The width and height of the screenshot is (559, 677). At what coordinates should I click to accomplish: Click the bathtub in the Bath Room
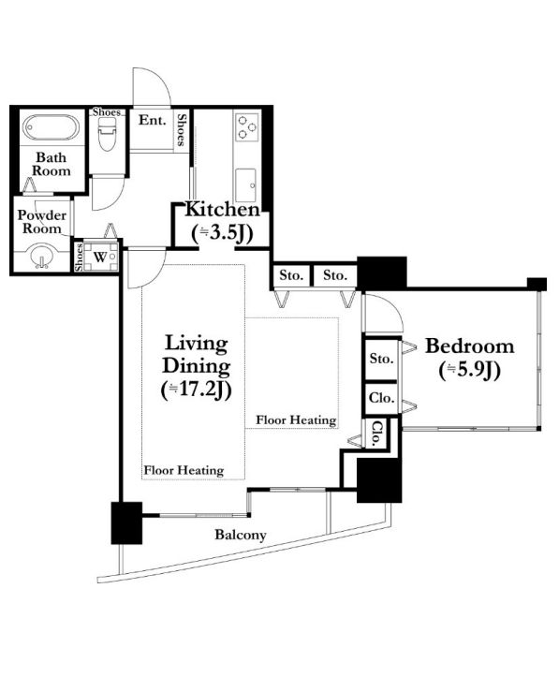coord(51,127)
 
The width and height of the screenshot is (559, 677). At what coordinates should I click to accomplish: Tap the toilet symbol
coord(106,134)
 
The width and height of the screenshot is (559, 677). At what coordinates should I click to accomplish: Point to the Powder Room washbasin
coord(41,258)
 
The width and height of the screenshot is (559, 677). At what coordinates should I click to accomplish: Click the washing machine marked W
coord(100,258)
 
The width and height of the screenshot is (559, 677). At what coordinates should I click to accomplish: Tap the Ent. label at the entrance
coord(153,120)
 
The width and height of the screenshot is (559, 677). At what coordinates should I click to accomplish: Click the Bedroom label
coord(470,346)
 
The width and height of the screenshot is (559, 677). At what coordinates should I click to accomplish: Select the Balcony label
coord(241,535)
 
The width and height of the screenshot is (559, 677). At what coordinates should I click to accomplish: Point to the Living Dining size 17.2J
coord(196,390)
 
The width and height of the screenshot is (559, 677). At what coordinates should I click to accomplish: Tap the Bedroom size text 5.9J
coord(470,371)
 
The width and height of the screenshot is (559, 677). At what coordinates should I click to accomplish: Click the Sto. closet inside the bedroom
coord(381,359)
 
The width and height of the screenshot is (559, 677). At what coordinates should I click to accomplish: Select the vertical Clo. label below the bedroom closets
coord(377,434)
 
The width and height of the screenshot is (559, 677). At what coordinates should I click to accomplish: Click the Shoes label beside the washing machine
coord(79,257)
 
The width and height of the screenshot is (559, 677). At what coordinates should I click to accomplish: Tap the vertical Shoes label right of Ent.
coord(182,130)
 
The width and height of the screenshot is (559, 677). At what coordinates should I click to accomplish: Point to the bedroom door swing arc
coord(394,306)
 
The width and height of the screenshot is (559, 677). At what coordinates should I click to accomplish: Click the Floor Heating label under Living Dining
coord(184,470)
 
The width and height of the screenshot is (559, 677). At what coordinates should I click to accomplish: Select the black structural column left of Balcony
coord(126,522)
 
